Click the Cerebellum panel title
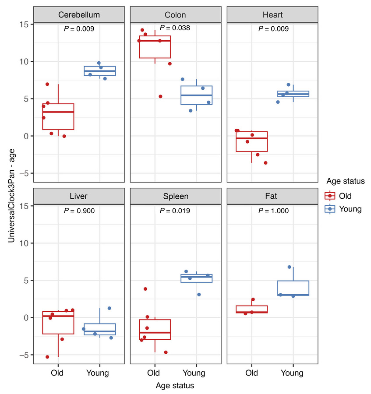tap(79, 15)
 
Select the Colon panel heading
tap(175, 15)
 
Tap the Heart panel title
tap(272, 15)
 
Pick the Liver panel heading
tap(79, 197)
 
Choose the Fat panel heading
tap(272, 197)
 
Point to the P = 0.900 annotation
tap(79, 211)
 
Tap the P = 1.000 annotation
tap(273, 211)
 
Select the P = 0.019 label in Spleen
tap(175, 211)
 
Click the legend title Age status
tap(345, 181)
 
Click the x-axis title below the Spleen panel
tap(175, 386)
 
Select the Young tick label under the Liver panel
tap(97, 373)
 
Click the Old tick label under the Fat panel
tap(251, 373)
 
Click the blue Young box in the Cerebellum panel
tap(100, 71)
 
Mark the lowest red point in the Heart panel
tap(265, 163)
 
